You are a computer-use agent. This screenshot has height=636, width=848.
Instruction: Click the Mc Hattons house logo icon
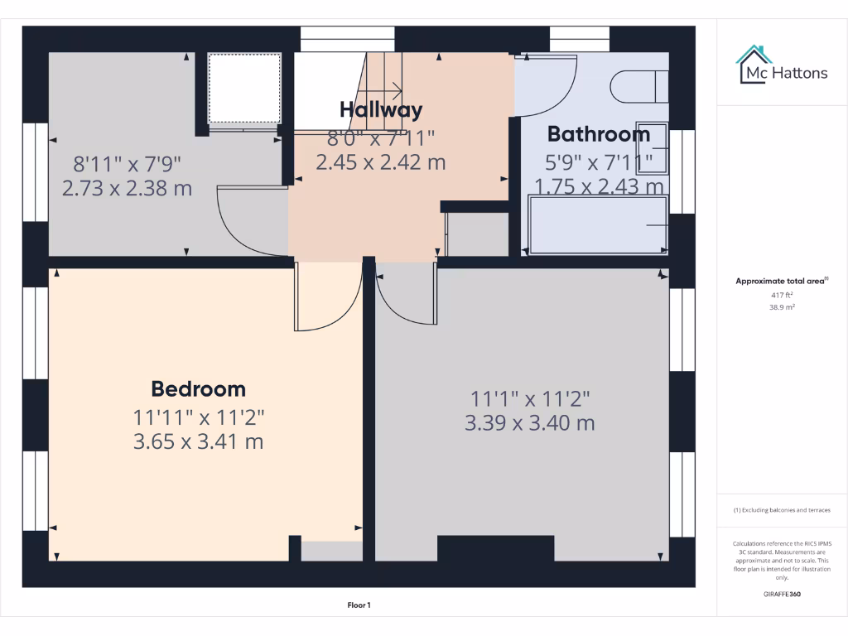tap(752, 65)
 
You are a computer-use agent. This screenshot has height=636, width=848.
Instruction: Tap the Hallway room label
tap(381, 110)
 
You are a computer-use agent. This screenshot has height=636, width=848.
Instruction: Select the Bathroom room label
tap(598, 134)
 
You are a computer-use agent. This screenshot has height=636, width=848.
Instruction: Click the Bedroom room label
tap(198, 388)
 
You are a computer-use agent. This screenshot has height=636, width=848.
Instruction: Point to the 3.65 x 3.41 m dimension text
tap(198, 442)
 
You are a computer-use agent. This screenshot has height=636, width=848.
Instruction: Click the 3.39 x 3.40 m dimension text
tap(530, 423)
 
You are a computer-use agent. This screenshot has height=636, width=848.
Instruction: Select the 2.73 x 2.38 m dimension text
tap(127, 188)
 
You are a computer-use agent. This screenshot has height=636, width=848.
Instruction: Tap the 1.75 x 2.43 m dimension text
tap(599, 187)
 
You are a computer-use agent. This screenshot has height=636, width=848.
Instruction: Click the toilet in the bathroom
tap(638, 86)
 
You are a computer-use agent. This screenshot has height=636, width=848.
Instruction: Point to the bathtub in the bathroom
tap(597, 224)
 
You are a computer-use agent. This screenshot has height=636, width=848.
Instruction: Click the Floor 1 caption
tap(359, 605)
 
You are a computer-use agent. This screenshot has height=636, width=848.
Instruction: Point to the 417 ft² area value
tap(781, 295)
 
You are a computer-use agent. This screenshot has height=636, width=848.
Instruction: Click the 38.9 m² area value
tap(781, 306)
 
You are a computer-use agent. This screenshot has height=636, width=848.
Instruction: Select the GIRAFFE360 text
tap(781, 594)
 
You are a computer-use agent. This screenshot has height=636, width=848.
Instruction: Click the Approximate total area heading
tap(780, 282)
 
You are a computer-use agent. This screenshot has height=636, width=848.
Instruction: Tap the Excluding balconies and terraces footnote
tap(781, 510)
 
